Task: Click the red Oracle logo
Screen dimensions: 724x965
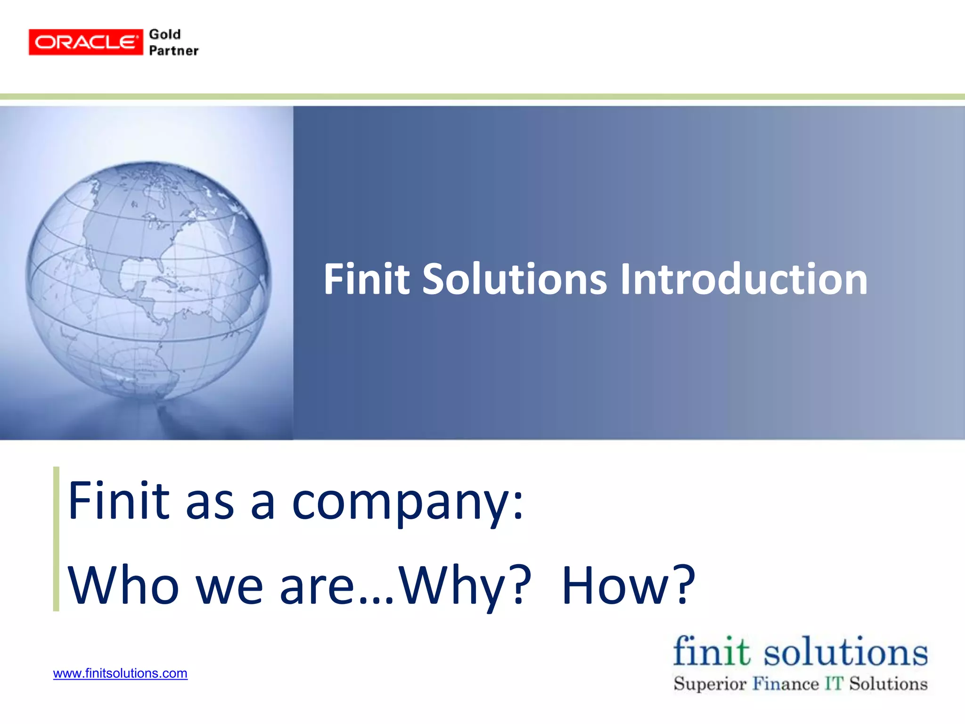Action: coord(85,42)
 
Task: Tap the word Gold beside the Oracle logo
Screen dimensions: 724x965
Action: coord(164,34)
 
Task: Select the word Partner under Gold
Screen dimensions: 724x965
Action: coord(173,51)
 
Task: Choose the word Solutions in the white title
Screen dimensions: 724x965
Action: coord(514,279)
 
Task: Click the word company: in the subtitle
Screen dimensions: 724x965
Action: coord(408,502)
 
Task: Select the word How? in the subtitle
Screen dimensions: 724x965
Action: coord(629,586)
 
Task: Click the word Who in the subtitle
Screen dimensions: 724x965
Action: coord(123,586)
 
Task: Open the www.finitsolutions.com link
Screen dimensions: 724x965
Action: coord(120,673)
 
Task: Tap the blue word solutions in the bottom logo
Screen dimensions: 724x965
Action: coord(845,652)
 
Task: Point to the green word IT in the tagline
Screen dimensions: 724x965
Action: coord(834,683)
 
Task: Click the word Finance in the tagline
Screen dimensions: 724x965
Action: coord(785,683)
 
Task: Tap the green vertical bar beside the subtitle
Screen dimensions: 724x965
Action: coord(56,539)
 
